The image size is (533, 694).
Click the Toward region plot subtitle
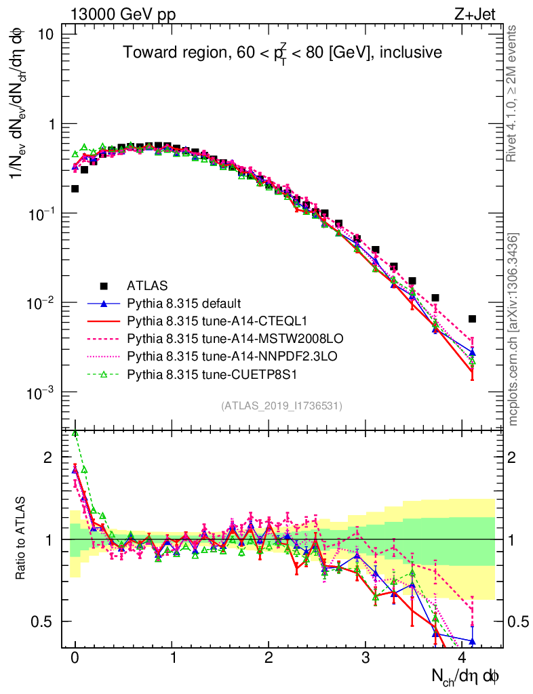[x=282, y=53]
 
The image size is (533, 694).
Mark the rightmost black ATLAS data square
[x=473, y=319]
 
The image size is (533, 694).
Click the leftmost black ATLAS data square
[x=75, y=188]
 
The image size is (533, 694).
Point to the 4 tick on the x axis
[x=462, y=658]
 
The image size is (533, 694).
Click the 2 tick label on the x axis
[x=269, y=658]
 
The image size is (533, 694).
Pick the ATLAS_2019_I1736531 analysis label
[x=281, y=406]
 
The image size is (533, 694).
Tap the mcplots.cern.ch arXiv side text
[x=514, y=329]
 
